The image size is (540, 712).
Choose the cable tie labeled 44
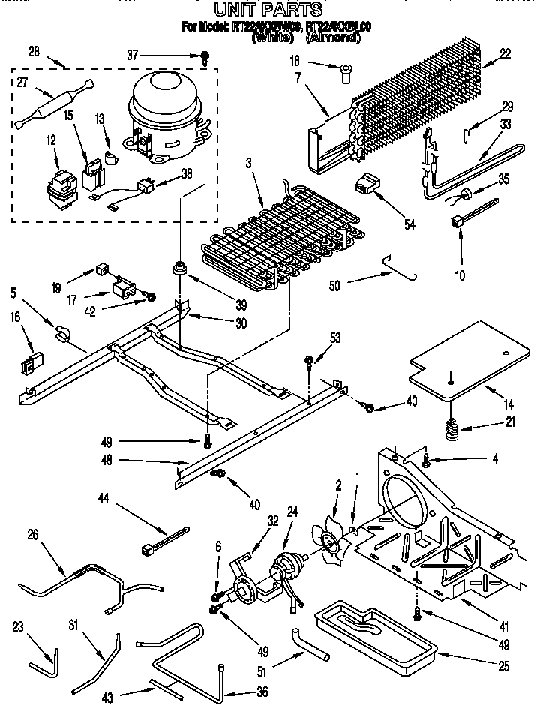(161, 542)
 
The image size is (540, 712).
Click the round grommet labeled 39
(181, 269)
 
